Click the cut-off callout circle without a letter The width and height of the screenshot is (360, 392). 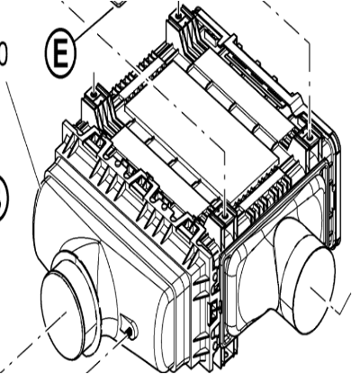coord(4,199)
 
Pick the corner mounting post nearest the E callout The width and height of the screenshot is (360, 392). coord(94,94)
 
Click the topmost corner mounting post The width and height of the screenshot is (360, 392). coord(184,14)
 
